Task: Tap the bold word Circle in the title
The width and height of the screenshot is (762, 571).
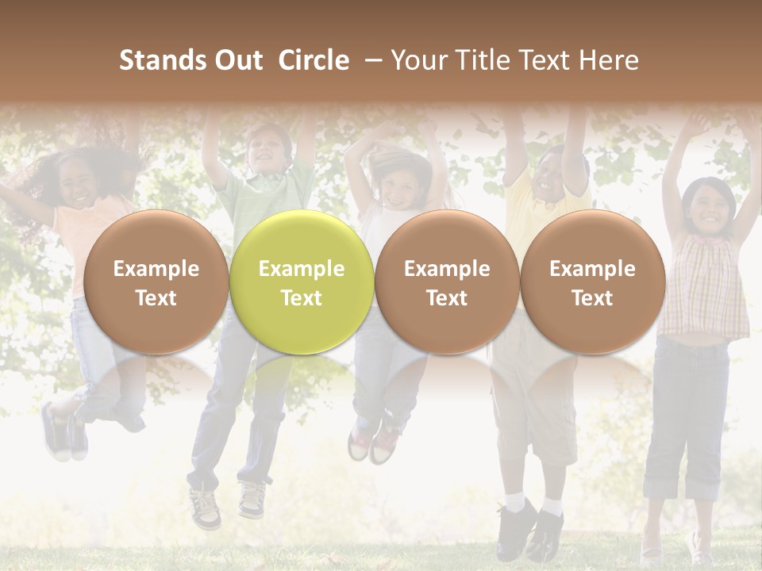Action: click(x=314, y=60)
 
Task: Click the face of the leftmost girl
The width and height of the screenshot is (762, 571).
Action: click(x=78, y=185)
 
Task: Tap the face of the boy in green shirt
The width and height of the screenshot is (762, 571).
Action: click(x=266, y=151)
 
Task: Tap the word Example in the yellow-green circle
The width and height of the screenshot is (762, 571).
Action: click(x=301, y=269)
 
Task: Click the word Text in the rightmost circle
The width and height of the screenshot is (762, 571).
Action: click(x=592, y=298)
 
